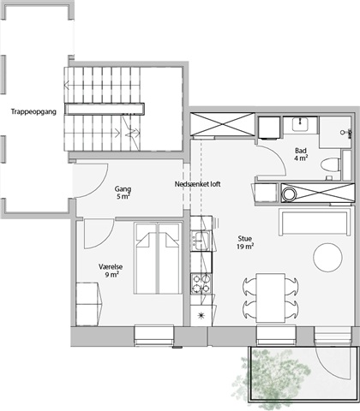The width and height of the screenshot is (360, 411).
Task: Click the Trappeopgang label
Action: click(33, 111)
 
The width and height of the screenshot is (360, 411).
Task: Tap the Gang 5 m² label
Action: click(123, 193)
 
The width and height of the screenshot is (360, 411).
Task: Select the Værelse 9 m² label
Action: click(111, 271)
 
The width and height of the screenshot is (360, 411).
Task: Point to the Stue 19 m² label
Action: click(245, 242)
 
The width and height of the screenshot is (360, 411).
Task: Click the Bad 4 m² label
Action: click(301, 154)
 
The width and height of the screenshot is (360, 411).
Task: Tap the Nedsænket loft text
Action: click(197, 184)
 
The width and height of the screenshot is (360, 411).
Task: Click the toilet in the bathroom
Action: click(331, 165)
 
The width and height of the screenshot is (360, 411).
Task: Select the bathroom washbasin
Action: click(300, 124)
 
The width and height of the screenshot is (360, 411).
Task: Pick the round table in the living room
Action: click(327, 258)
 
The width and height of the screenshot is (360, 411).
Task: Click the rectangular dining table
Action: click(270, 298)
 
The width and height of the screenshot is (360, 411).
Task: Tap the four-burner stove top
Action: click(201, 283)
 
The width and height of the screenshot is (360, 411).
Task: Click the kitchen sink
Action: click(201, 241)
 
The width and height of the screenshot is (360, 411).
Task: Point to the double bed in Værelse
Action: click(158, 259)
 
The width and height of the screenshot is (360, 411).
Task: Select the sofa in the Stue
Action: click(315, 222)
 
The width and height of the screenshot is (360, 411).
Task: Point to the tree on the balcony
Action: click(272, 378)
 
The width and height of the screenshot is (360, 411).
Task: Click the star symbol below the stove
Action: click(201, 315)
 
